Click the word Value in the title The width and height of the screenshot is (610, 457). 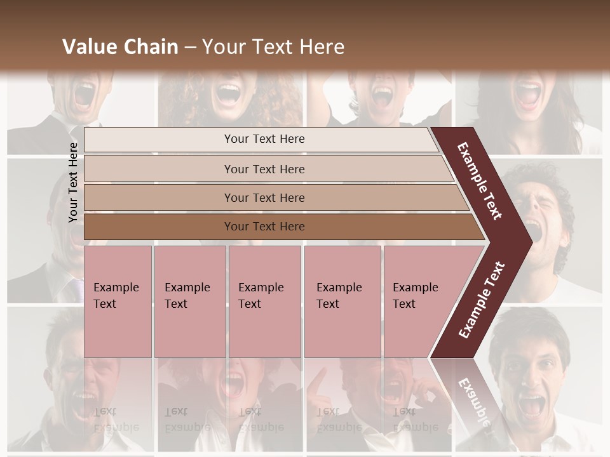coord(88,47)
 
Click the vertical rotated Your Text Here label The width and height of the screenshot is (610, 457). coord(73,182)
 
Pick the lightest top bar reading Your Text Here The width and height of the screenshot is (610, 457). coord(264,139)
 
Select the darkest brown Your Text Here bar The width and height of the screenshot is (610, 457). coord(264,227)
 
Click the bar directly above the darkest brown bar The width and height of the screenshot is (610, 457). coord(264,198)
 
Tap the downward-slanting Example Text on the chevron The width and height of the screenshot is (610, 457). coord(480,181)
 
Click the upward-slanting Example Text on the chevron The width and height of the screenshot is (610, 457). coord(482,300)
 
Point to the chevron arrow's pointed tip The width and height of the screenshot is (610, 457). coord(531,241)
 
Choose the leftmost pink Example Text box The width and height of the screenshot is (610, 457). coord(117,296)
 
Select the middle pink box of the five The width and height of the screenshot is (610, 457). coord(264,296)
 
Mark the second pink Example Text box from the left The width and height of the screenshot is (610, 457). coord(189,296)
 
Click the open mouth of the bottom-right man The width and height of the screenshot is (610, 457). coord(532,405)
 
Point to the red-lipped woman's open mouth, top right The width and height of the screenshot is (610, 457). coord(529,96)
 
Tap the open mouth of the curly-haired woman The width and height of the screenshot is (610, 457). coord(227,94)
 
